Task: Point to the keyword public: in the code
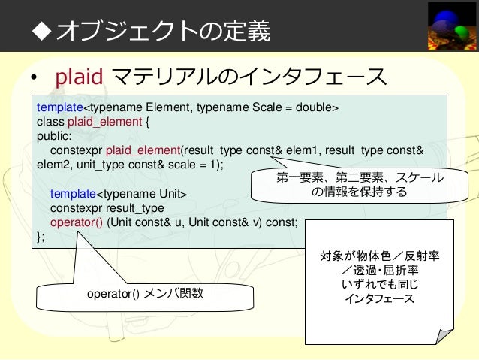[x=54, y=136]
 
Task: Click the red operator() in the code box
[x=77, y=222]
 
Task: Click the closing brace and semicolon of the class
[x=41, y=237]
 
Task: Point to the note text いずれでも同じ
[x=380, y=285]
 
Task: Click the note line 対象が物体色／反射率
[x=380, y=256]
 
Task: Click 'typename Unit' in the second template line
[x=145, y=194]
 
